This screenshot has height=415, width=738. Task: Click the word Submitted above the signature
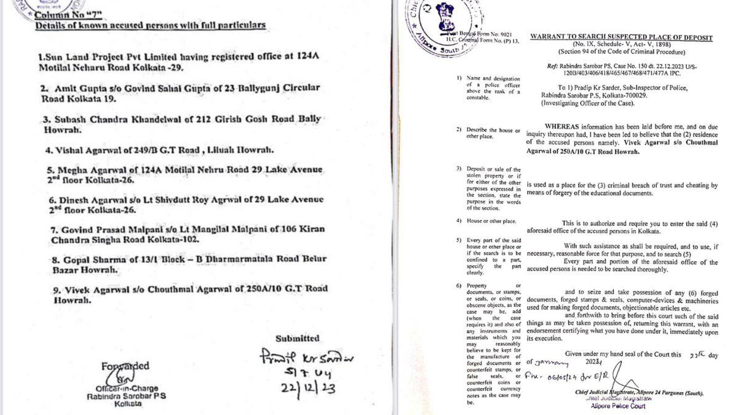(x=297, y=338)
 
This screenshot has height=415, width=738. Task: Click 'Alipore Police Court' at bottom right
(x=617, y=406)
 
